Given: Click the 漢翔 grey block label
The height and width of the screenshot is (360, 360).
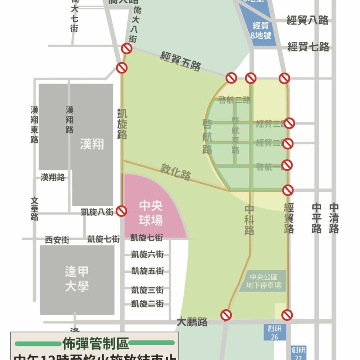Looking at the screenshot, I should pos(92,145).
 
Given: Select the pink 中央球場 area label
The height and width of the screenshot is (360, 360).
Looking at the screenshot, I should pos(151,213).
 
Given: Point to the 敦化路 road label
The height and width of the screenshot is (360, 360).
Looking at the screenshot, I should pos(176,172).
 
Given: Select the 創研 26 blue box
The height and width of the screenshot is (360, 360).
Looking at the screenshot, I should pos(274,332).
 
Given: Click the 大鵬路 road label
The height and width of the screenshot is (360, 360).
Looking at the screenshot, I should pos(192,322).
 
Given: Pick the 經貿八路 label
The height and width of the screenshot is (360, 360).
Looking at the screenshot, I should pos(308,20).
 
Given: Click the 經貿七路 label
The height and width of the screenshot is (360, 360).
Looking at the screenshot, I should pos(308,47).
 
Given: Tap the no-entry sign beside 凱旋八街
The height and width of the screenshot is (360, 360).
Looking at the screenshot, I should pos(121,211).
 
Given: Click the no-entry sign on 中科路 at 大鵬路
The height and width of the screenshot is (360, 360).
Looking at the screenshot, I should pos(226,315).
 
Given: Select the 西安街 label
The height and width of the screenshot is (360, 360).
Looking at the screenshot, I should pos(57,240).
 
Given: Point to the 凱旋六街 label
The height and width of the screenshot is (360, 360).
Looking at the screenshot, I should pos(147,254).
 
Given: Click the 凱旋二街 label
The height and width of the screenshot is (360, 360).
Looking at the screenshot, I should pos(147,304).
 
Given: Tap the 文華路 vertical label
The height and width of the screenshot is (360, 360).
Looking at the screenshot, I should pos(35,208).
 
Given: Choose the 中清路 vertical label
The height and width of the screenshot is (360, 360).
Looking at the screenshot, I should pos(334,218).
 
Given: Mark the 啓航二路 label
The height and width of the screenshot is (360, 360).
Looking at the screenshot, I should pos(234,100).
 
